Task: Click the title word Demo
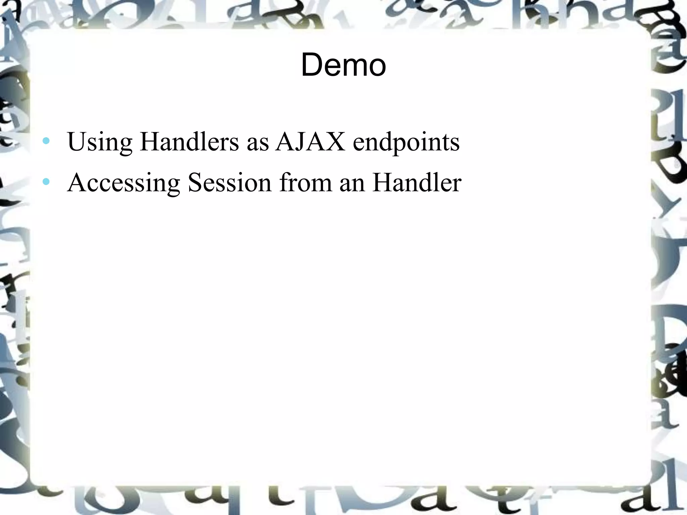(x=343, y=65)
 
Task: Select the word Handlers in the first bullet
(x=190, y=141)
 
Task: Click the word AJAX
(x=310, y=141)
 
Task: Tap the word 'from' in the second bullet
(x=306, y=182)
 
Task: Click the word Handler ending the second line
(x=417, y=182)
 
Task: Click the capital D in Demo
(x=312, y=65)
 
